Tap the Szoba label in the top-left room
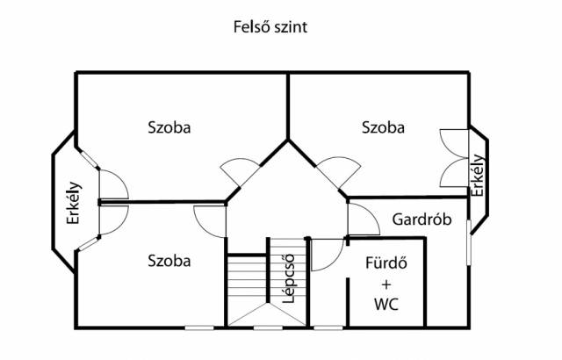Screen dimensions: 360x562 pos(169,127)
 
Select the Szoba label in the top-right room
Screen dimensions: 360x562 pos(384,127)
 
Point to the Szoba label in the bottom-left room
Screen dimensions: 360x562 pos(169,261)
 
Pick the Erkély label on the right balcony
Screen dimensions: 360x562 pos(478,176)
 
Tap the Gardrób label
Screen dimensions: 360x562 pos(422,220)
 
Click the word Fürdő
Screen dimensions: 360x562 pos(386,264)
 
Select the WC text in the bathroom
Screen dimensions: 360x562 pos(386,306)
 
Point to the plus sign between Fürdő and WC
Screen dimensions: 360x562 pos(386,285)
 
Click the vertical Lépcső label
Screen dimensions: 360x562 pos(286,280)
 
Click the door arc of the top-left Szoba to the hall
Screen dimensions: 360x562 pos(237,169)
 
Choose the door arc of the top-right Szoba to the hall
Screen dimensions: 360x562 pos(335,169)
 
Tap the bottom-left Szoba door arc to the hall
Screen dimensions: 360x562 pos(210,220)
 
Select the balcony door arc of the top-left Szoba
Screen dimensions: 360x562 pos(112,184)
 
